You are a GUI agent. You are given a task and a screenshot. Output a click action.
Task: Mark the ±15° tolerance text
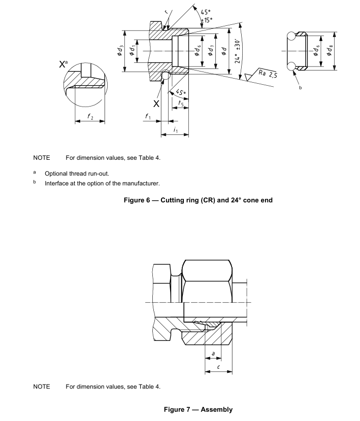207,20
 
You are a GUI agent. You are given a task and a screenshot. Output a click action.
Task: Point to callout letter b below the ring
300,88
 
